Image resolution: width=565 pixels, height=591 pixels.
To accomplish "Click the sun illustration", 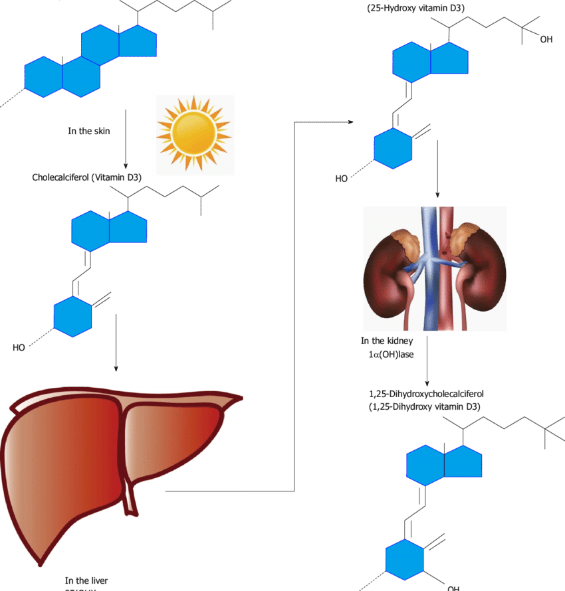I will coord(193,132).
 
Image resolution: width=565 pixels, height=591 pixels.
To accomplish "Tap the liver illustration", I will coord(120,471).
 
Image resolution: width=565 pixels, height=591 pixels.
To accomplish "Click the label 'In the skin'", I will coord(89,131).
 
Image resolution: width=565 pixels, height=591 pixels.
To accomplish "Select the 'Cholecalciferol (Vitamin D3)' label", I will coord(87,177).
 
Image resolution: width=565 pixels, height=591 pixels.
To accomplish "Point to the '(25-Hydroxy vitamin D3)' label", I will coord(415,8).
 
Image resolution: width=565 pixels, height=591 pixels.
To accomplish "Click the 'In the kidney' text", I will coord(388,341).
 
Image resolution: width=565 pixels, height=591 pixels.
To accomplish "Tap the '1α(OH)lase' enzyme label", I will coord(391,355).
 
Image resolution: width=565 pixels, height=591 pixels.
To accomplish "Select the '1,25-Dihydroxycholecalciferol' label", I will coord(426,394).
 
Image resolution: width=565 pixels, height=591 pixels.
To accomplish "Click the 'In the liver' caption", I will coord(86,580).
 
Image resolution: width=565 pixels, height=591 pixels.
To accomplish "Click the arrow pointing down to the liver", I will coord(116,342).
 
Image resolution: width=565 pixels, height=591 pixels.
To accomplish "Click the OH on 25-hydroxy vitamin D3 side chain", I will coord(546,40).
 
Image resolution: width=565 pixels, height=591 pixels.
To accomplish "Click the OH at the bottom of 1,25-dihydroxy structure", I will coord(453,588).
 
